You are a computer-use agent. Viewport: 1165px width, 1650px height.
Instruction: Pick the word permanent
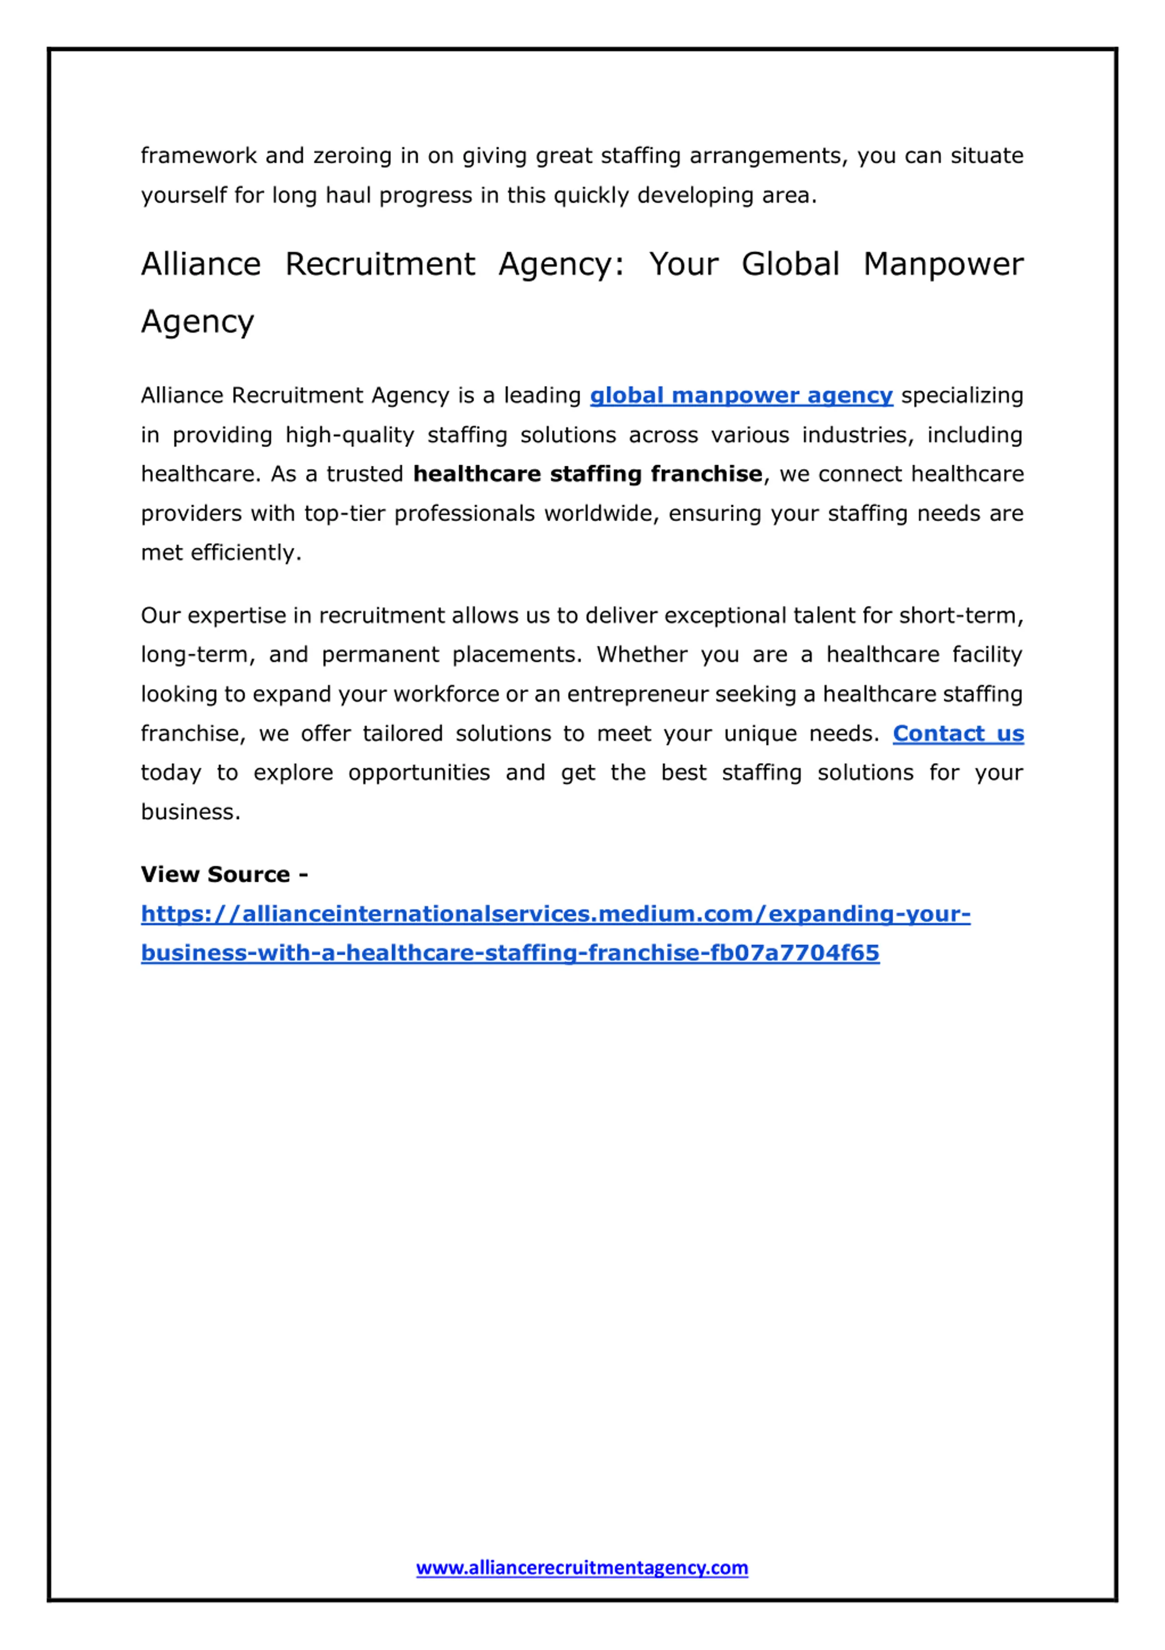pyautogui.click(x=380, y=655)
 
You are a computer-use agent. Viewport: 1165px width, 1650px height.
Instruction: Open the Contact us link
pyautogui.click(x=957, y=734)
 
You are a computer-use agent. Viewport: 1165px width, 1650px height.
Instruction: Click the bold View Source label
pyautogui.click(x=223, y=875)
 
